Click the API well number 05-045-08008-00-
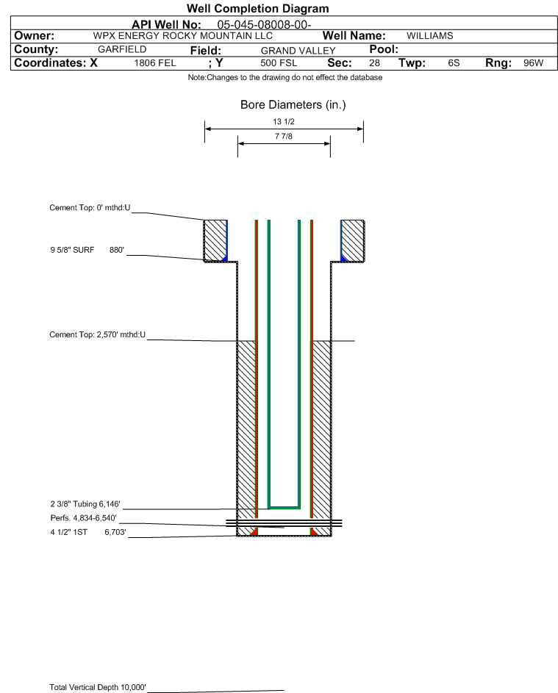(x=264, y=24)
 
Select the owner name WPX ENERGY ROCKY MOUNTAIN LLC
(x=182, y=36)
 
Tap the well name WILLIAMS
(x=430, y=36)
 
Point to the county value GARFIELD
(x=122, y=49)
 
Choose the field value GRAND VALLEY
(x=298, y=51)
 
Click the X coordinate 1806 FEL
(x=154, y=62)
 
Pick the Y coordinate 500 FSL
(x=279, y=62)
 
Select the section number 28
(x=374, y=62)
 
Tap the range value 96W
(x=533, y=62)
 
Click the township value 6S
(x=454, y=62)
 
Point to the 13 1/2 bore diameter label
(x=284, y=121)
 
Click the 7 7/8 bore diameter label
(x=284, y=136)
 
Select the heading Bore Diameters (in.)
(x=293, y=105)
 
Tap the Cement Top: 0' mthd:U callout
(x=90, y=208)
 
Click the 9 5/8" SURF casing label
(x=72, y=250)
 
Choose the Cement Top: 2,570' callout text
(x=97, y=334)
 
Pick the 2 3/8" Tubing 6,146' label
(x=85, y=504)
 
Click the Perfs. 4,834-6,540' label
(x=84, y=518)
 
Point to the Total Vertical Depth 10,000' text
(x=98, y=687)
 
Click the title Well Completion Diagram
(x=258, y=8)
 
